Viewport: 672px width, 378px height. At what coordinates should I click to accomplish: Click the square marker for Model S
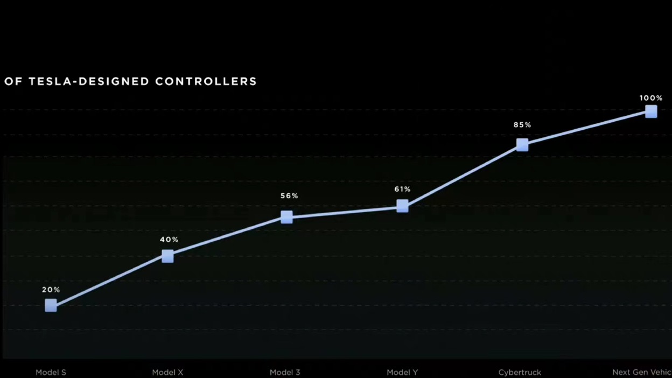click(51, 305)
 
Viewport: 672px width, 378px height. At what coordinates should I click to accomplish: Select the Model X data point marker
click(167, 256)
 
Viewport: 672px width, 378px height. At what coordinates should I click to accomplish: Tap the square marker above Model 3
click(286, 217)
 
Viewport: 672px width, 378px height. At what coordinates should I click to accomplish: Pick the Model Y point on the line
click(402, 206)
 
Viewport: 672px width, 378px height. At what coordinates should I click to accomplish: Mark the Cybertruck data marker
click(522, 144)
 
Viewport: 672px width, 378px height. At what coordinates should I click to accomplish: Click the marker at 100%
click(651, 111)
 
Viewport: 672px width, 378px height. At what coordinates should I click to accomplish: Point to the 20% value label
click(51, 290)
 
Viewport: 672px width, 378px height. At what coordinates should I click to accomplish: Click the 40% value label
click(169, 240)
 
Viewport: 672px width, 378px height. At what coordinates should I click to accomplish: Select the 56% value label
click(289, 196)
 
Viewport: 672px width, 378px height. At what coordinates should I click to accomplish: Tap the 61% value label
click(402, 190)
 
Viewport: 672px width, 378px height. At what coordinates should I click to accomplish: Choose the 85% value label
click(522, 125)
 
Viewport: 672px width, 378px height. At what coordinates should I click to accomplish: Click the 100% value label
click(651, 98)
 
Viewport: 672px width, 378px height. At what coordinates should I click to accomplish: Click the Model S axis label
click(51, 372)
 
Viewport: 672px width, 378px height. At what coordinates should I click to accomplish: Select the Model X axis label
click(167, 372)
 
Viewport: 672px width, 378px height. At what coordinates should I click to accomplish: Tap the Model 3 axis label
click(285, 372)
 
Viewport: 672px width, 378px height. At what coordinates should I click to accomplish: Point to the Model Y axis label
click(402, 372)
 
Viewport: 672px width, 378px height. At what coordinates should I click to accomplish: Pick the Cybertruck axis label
click(520, 372)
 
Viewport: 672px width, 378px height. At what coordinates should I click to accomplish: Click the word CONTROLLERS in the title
click(206, 81)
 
